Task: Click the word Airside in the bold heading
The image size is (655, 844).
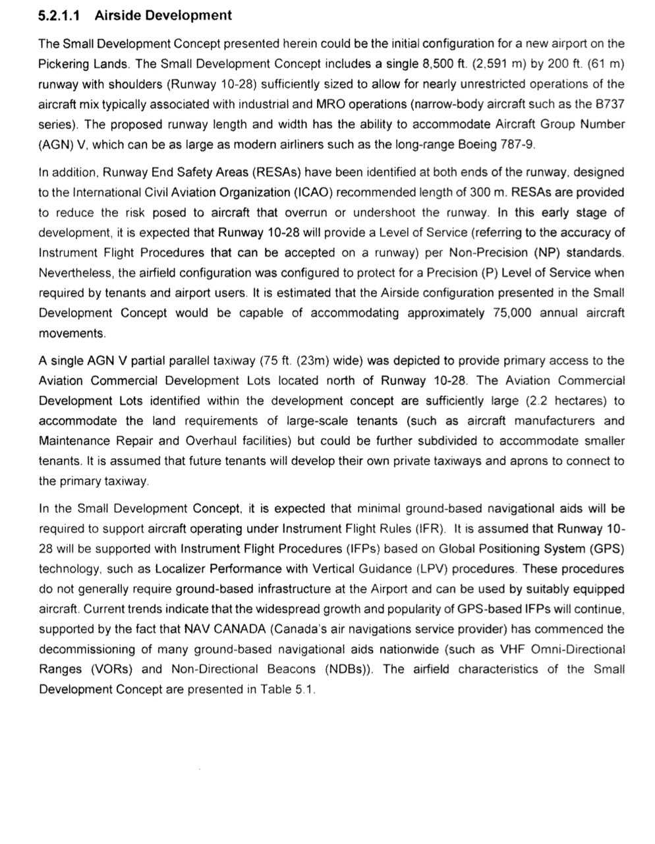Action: tap(116, 16)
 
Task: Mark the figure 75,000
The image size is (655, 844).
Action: tap(511, 313)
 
